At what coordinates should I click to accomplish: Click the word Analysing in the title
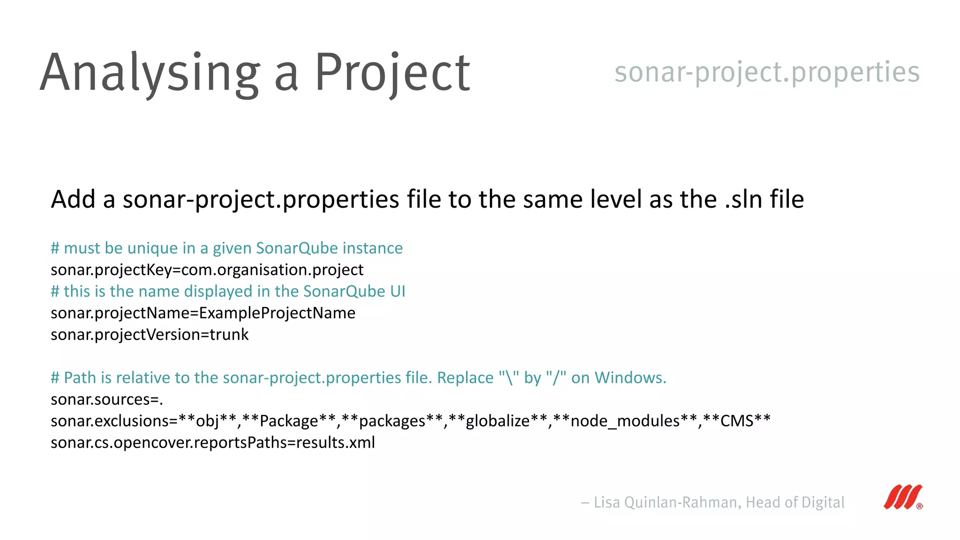click(150, 73)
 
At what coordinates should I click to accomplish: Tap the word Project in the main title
click(392, 73)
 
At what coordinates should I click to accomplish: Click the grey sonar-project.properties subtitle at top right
click(767, 72)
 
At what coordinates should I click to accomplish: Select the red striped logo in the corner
click(903, 497)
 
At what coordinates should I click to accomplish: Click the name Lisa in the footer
click(607, 502)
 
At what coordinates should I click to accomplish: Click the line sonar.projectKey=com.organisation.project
click(207, 270)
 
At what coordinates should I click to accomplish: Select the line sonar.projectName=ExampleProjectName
click(203, 313)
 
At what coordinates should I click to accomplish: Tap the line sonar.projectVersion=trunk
click(150, 335)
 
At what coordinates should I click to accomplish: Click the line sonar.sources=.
click(107, 399)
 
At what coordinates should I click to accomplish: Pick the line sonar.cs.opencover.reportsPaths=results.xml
click(213, 442)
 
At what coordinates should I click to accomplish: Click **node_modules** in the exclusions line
click(625, 421)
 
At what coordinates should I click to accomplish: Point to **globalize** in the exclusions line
click(497, 421)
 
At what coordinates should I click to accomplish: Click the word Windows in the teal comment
click(630, 378)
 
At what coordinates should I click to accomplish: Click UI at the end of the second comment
click(397, 292)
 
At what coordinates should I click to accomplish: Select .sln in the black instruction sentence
click(744, 199)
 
